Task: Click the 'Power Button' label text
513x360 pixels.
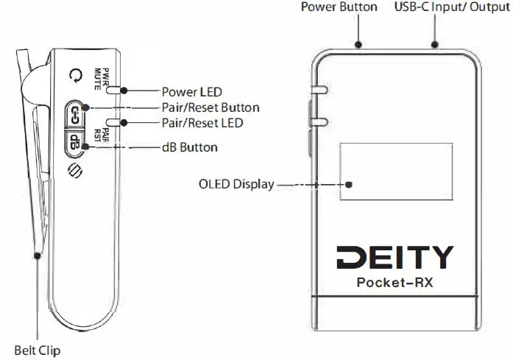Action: pos(339,7)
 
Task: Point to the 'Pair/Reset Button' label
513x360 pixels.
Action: pos(210,107)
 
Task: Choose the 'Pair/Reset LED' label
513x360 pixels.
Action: pos(202,123)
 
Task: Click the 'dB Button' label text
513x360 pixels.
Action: pos(189,147)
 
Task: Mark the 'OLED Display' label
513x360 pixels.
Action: pos(236,184)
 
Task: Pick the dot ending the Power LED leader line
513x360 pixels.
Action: pos(123,91)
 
